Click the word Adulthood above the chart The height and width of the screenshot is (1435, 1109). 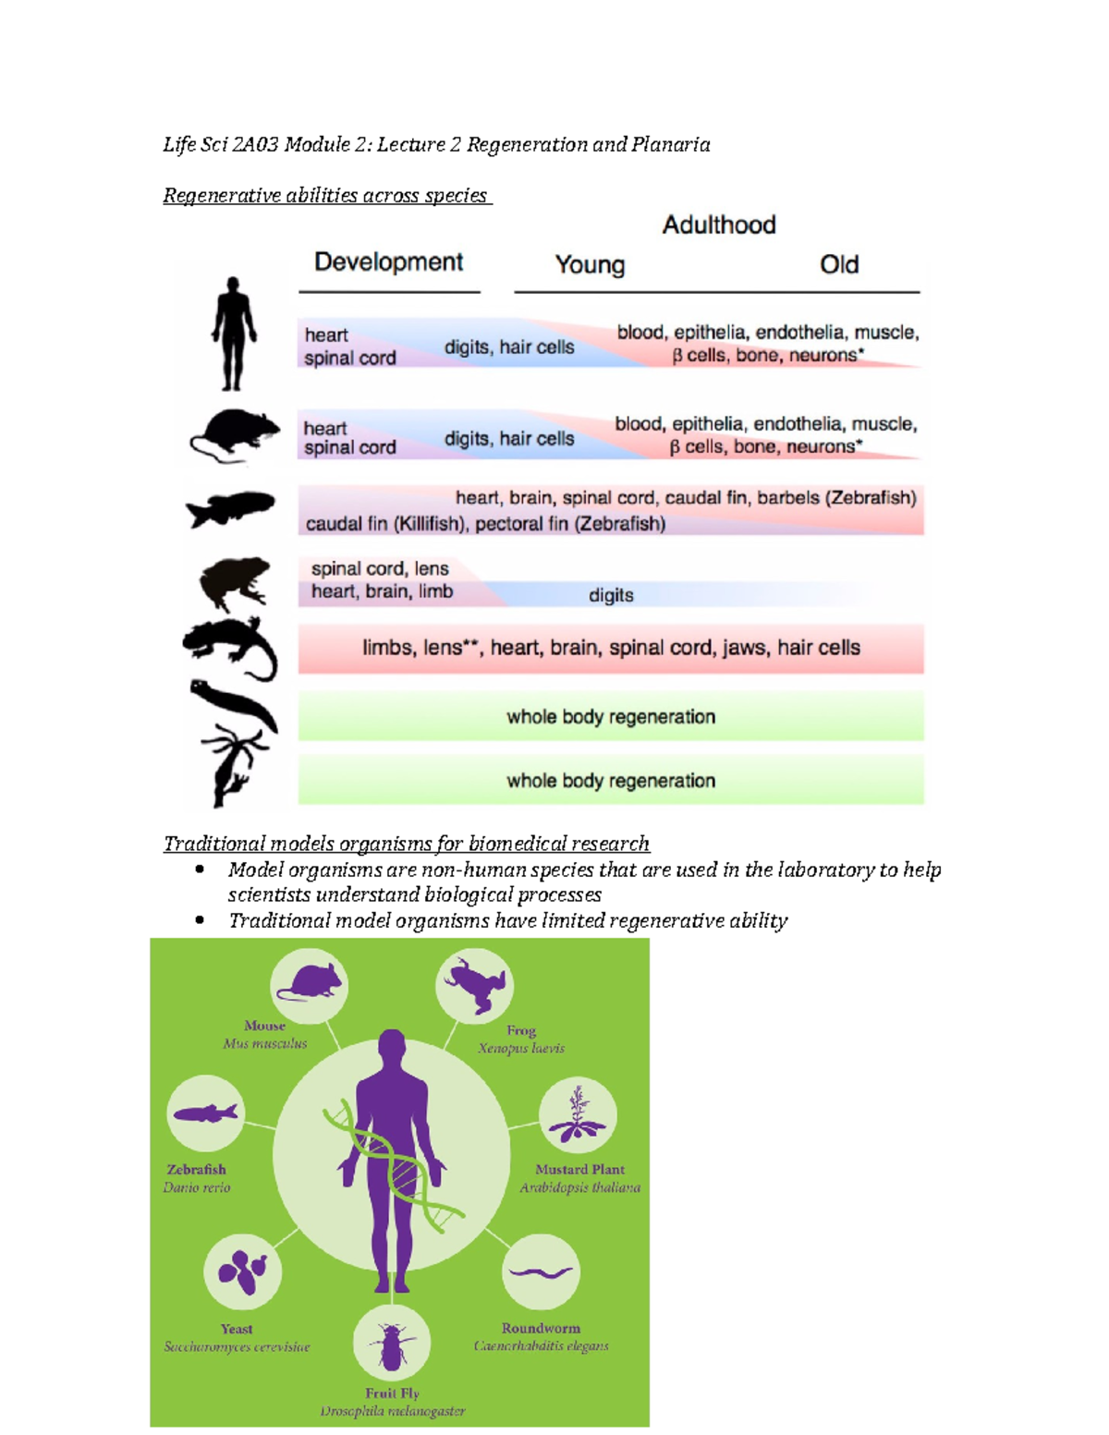pyautogui.click(x=719, y=225)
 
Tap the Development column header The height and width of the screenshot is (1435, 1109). pyautogui.click(x=388, y=262)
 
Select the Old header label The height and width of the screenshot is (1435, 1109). pyautogui.click(x=839, y=265)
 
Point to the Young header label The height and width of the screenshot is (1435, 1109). pyautogui.click(x=590, y=265)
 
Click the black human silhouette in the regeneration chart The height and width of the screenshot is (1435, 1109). pyautogui.click(x=233, y=334)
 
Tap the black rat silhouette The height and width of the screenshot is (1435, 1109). pyautogui.click(x=236, y=435)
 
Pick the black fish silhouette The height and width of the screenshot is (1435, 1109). pyautogui.click(x=230, y=509)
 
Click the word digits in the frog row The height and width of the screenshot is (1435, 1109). pyautogui.click(x=611, y=596)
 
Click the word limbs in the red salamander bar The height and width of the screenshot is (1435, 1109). pyautogui.click(x=389, y=648)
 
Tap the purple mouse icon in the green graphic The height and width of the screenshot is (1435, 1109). pyautogui.click(x=309, y=982)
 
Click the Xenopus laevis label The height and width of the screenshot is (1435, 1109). pyautogui.click(x=521, y=1048)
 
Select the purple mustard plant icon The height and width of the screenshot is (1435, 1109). pyautogui.click(x=578, y=1115)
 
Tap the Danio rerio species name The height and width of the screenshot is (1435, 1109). pyautogui.click(x=197, y=1187)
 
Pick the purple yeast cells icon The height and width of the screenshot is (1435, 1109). pyautogui.click(x=242, y=1271)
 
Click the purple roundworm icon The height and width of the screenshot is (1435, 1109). pyautogui.click(x=541, y=1271)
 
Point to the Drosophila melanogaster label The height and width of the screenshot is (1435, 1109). pyautogui.click(x=393, y=1411)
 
